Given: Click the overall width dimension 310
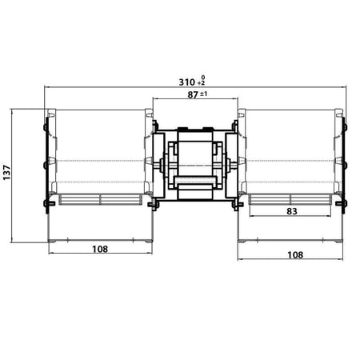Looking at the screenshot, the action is (186, 82).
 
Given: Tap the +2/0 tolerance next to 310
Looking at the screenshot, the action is (202, 81).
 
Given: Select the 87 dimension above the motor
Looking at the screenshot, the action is (193, 94).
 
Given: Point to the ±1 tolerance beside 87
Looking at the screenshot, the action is (203, 94).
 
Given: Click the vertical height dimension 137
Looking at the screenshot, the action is (6, 173).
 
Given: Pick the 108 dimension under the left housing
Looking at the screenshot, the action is (100, 249).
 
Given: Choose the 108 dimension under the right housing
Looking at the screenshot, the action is (295, 255).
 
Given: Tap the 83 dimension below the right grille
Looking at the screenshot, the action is (292, 211).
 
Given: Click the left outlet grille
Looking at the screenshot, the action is (101, 199).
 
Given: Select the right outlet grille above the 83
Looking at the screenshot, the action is (290, 199).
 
